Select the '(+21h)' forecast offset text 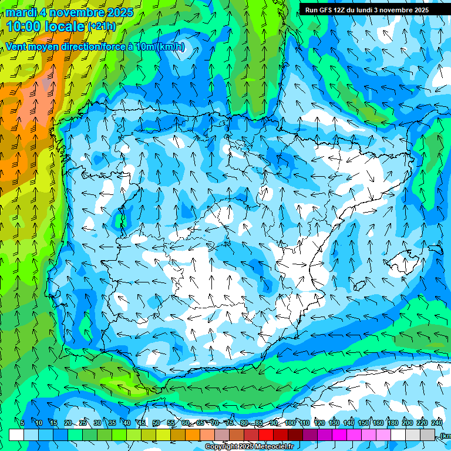tap(102, 26)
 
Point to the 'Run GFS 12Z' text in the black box tap(327, 10)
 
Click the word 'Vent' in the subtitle tap(17, 47)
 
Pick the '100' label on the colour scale tap(290, 423)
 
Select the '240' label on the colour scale tap(437, 423)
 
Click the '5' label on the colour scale tap(22, 423)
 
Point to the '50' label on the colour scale tap(156, 423)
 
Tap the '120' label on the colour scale tap(319, 423)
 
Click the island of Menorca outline tap(435, 249)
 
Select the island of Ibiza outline tap(358, 286)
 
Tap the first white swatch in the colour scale tap(16, 435)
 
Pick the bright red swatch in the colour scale tap(266, 435)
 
